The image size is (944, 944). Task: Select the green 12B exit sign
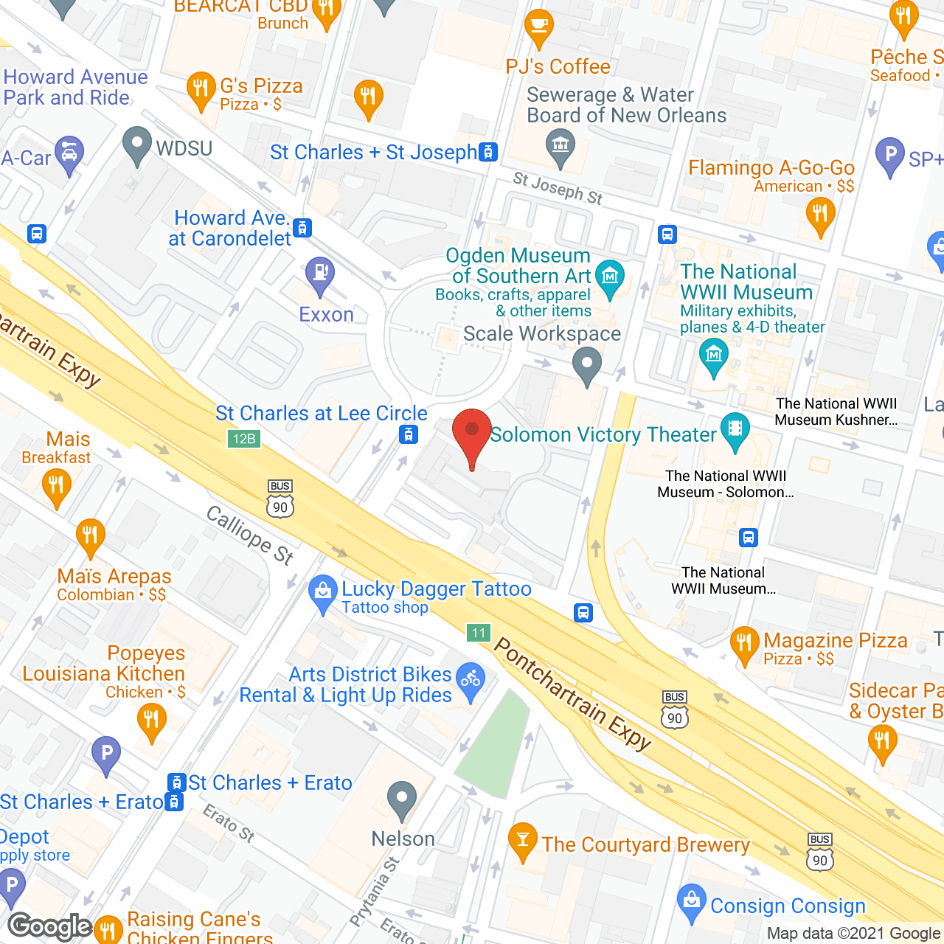pyautogui.click(x=243, y=439)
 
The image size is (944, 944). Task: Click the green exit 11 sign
pyautogui.click(x=479, y=632)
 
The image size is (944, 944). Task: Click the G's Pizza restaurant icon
pyautogui.click(x=200, y=90)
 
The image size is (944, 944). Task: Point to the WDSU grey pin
pyautogui.click(x=136, y=145)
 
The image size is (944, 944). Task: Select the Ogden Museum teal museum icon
pyautogui.click(x=610, y=278)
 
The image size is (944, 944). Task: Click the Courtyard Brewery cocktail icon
pyautogui.click(x=523, y=840)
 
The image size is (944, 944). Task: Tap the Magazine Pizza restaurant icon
pyautogui.click(x=744, y=644)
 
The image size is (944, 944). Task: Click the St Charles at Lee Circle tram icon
pyautogui.click(x=409, y=434)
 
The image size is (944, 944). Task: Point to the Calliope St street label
pyautogui.click(x=249, y=535)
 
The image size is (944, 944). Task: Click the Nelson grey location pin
pyautogui.click(x=402, y=799)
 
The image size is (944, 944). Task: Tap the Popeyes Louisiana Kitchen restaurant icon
pyautogui.click(x=151, y=720)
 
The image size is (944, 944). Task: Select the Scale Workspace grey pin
pyautogui.click(x=587, y=365)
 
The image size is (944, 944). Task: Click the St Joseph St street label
pyautogui.click(x=558, y=188)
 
